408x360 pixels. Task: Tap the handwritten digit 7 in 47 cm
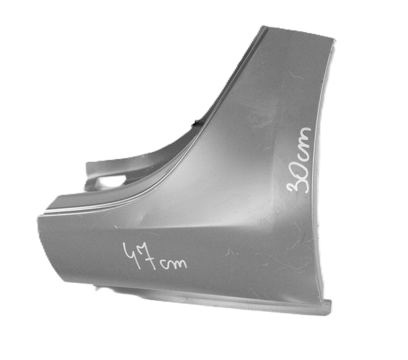149,257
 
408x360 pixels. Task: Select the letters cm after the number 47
173,264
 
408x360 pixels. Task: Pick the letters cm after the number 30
303,143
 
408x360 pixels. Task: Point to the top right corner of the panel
334,40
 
